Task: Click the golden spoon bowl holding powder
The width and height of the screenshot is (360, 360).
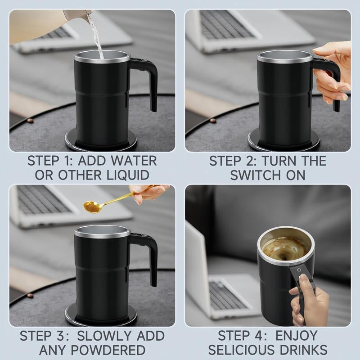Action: point(92,207)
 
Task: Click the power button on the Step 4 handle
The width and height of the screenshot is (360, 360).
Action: point(299,270)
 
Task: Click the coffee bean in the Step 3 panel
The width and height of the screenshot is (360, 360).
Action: point(30,295)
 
